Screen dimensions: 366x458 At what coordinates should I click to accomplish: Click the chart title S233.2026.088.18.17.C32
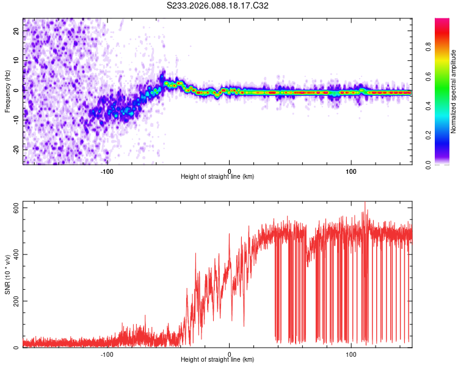[x=218, y=5]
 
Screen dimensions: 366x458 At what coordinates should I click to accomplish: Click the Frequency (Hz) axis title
[x=7, y=91]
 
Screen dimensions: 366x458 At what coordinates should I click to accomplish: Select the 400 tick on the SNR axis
[x=16, y=254]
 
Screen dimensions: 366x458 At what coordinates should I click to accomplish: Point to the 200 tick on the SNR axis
[x=16, y=301]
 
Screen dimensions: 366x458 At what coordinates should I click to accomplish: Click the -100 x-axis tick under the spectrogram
[x=107, y=171]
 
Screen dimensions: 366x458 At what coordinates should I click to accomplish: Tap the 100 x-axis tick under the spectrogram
[x=351, y=171]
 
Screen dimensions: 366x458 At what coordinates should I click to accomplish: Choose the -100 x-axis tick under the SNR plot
[x=107, y=354]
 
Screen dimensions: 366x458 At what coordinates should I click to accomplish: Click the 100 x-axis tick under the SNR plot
[x=351, y=354]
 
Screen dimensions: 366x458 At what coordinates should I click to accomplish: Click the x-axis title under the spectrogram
[x=217, y=177]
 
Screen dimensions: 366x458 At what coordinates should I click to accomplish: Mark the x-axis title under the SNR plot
[x=217, y=360]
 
